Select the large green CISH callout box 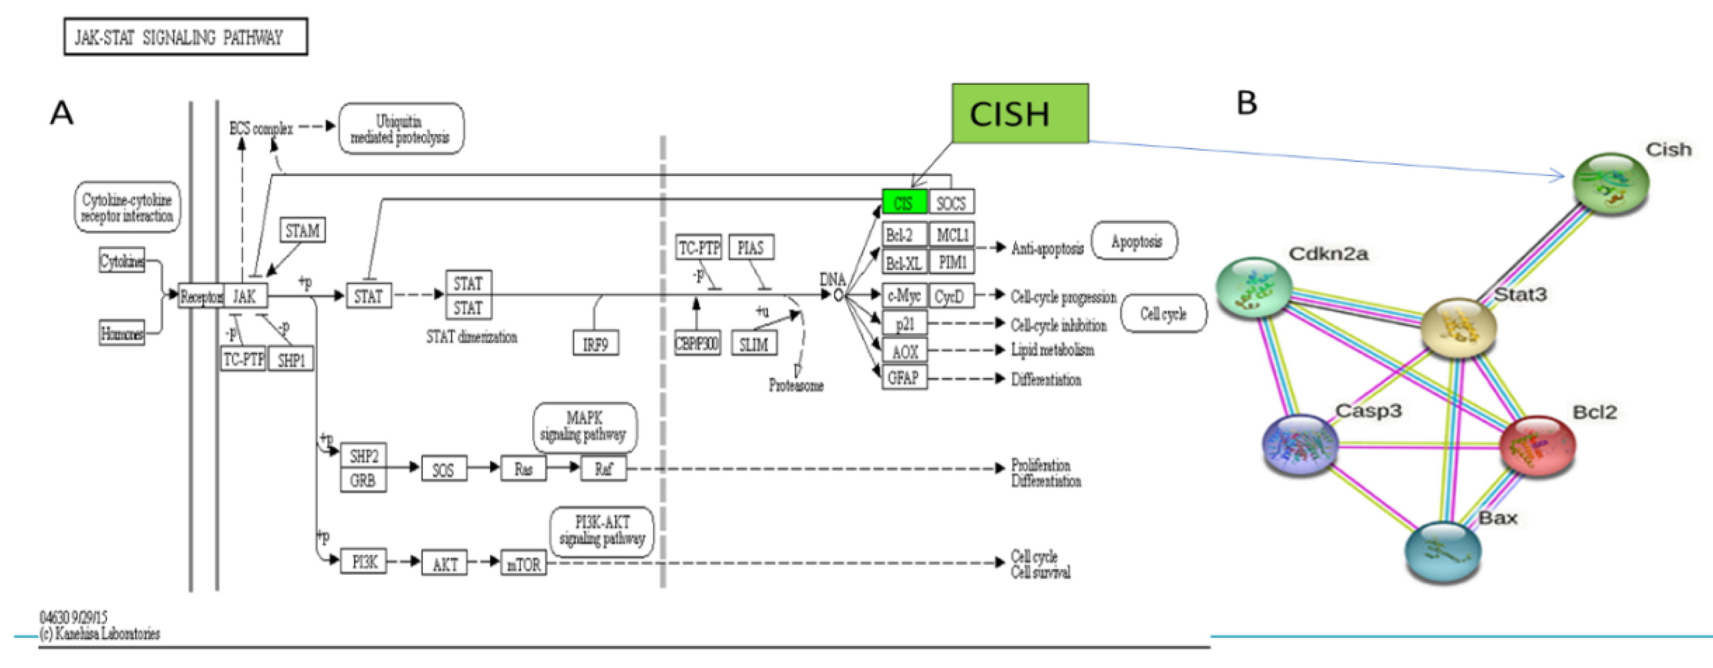point(1019,114)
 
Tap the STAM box point(303,230)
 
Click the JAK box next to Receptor point(245,296)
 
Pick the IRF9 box point(595,344)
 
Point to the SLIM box point(754,344)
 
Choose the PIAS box point(751,248)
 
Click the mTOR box point(524,564)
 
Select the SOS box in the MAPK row point(444,469)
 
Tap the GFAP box point(903,378)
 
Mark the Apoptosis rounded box point(1136,241)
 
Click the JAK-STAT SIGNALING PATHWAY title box point(185,37)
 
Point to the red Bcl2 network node point(1537,446)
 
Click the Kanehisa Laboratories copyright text point(100,634)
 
